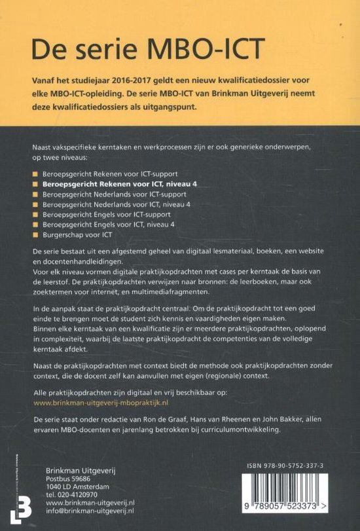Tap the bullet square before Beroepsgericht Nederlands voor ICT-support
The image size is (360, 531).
click(x=35, y=195)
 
